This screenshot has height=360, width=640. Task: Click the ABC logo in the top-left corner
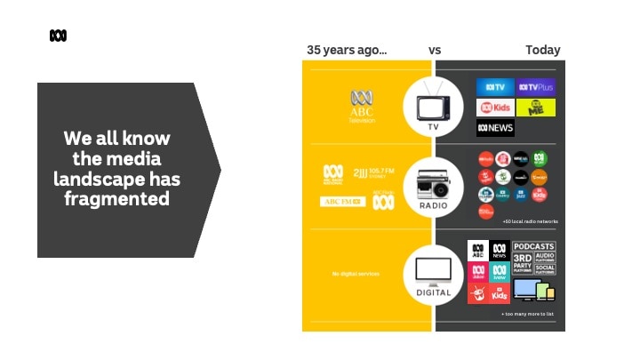coord(58,36)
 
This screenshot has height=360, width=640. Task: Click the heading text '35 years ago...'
coord(347,50)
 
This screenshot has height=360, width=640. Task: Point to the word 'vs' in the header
coord(435,50)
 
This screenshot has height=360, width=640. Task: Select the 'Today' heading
coord(542,50)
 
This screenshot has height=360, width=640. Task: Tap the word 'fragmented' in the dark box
coord(116,199)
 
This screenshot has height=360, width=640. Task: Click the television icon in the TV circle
coord(434,102)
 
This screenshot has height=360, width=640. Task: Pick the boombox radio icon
coord(434,185)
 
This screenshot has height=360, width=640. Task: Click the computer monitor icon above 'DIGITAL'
coord(434,268)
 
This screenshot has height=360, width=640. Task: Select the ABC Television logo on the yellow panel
coord(362,106)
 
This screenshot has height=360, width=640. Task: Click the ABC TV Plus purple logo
coord(536,87)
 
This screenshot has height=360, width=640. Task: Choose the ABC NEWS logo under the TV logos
coord(495,128)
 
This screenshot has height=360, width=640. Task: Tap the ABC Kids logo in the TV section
coord(495,108)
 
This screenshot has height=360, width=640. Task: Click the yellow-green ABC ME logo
coord(536,108)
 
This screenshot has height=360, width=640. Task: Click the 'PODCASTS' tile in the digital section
coord(533,246)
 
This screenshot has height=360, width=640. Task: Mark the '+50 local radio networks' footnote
coord(530,221)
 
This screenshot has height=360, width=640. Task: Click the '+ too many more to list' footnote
coord(528,315)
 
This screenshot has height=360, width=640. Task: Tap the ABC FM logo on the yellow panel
coord(342,202)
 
